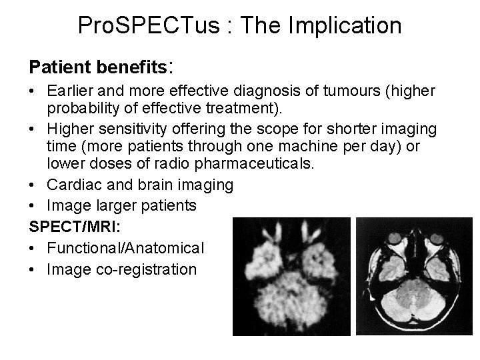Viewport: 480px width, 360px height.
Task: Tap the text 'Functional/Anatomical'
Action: pos(126,249)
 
